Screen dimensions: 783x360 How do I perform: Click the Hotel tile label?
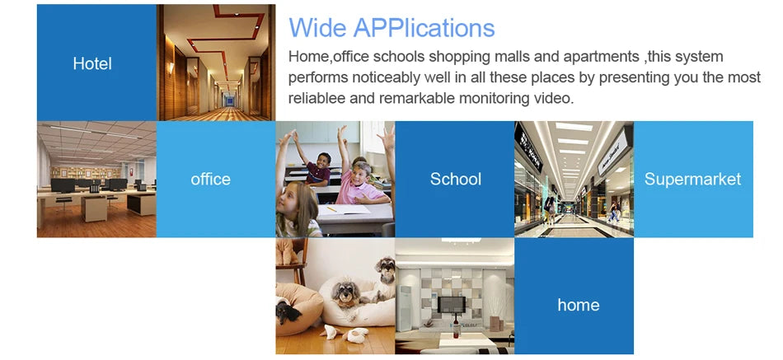pyautogui.click(x=92, y=63)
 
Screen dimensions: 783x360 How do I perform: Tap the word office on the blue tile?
pyautogui.click(x=211, y=180)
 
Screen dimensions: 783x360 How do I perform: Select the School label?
pyautogui.click(x=456, y=180)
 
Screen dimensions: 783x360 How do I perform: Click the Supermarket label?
pyautogui.click(x=692, y=180)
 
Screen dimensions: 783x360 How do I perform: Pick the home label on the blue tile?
pyautogui.click(x=579, y=305)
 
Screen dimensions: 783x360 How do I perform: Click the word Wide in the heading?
pyautogui.click(x=317, y=27)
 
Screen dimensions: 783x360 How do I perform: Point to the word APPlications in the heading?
pyautogui.click(x=424, y=29)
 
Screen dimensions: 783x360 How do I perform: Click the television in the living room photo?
pyautogui.click(x=451, y=305)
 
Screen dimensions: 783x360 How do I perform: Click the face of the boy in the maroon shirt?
pyautogui.click(x=323, y=161)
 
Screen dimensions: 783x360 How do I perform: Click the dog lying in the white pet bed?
pyautogui.click(x=348, y=295)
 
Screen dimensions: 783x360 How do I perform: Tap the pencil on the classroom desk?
pyautogui.click(x=331, y=209)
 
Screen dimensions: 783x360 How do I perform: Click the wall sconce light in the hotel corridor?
pyautogui.click(x=171, y=68)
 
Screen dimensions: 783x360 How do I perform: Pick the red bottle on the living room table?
pyautogui.click(x=456, y=328)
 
